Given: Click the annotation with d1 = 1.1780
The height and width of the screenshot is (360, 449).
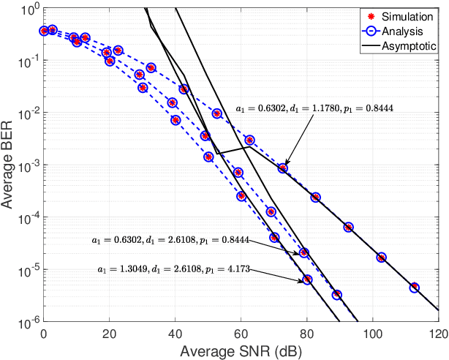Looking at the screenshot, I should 314,108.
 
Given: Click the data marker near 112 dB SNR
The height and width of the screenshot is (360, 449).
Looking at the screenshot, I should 415,288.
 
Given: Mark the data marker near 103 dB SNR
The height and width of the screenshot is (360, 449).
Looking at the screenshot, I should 381,258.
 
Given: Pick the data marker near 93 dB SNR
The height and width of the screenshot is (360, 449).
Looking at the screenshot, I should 349,227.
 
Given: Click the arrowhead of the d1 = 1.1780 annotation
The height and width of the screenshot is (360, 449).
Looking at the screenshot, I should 285,166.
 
